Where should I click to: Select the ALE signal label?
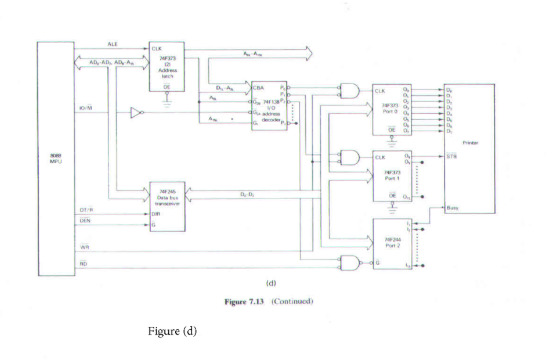click(x=113, y=44)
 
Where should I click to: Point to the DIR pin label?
click(x=156, y=213)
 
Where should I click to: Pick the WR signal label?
click(x=84, y=247)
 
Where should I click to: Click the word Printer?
click(x=470, y=142)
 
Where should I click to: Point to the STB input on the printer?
click(x=452, y=156)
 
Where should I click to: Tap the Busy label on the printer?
click(x=453, y=207)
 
